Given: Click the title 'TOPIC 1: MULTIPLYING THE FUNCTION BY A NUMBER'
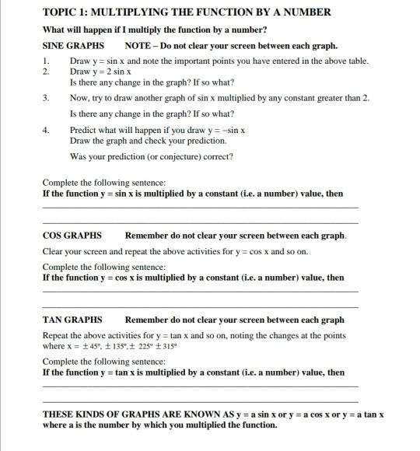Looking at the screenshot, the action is (x=187, y=12).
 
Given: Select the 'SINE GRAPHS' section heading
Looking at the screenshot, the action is (x=73, y=46).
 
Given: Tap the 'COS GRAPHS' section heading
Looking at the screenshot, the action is (x=72, y=236).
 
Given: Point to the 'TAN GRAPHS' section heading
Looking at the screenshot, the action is (x=72, y=320).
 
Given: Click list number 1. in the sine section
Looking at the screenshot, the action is (x=47, y=61).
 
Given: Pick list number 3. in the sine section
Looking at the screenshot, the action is (x=47, y=98).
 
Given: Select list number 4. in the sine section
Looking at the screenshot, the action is (x=47, y=131).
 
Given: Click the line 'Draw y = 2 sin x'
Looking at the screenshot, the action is (x=100, y=71).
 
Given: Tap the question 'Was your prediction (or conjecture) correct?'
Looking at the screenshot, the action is (x=151, y=156).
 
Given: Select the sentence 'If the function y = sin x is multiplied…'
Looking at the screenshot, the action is (x=192, y=194).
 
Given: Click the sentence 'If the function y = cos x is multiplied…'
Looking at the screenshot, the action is (x=192, y=278).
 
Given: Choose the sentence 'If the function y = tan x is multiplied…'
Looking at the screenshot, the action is (x=192, y=372).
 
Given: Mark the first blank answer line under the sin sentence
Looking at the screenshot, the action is (x=200, y=208).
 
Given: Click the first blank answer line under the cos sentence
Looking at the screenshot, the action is (x=200, y=292).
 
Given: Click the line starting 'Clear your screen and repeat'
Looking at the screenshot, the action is (x=175, y=252).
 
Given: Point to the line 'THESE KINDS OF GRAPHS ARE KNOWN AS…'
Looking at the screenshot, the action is (x=212, y=414).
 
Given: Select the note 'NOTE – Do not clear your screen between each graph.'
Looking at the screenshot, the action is (x=231, y=46).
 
